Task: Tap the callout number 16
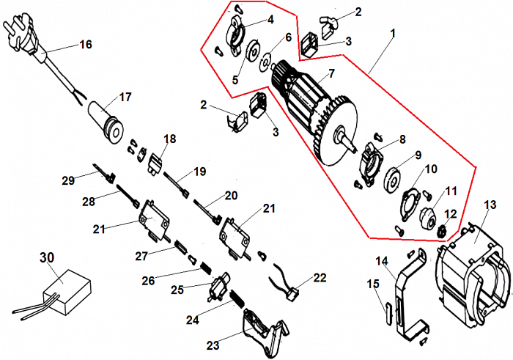pyautogui.click(x=86, y=45)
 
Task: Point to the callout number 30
pyautogui.click(x=47, y=257)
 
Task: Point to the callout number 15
pyautogui.click(x=374, y=284)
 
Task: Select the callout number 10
pyautogui.click(x=431, y=169)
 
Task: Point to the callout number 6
pyautogui.click(x=288, y=37)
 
